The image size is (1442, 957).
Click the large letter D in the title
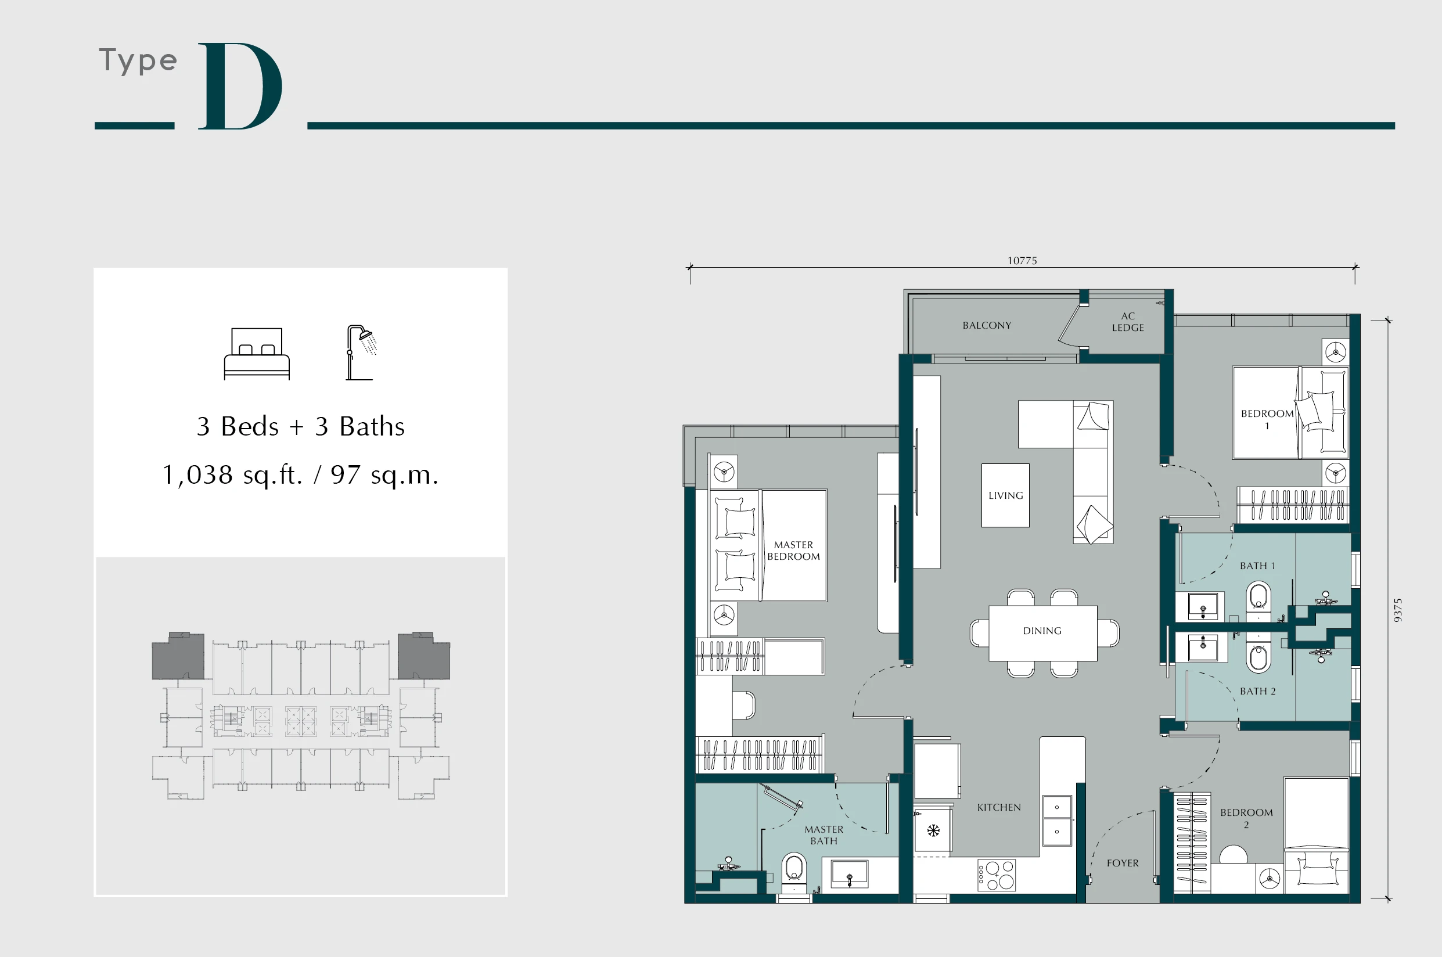tap(239, 86)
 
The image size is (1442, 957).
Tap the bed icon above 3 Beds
tap(256, 354)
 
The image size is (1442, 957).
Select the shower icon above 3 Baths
tap(361, 352)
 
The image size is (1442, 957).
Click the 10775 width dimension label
tap(1022, 261)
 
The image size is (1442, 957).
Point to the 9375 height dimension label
tap(1398, 610)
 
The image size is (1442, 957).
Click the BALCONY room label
tap(987, 325)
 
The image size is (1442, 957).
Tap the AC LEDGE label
tap(1128, 322)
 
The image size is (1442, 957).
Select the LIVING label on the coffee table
tap(1006, 495)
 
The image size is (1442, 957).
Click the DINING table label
tap(1042, 631)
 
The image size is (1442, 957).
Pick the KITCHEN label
tap(999, 807)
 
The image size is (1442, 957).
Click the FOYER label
tap(1123, 863)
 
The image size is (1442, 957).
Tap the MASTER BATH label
tap(824, 835)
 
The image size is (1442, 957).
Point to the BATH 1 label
tap(1258, 566)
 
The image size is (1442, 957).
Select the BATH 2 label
tap(1258, 691)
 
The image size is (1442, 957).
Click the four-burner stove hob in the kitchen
tap(997, 875)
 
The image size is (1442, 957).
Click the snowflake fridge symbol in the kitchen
tap(934, 830)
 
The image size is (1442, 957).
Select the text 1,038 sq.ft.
tap(232, 475)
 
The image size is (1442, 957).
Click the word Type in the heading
tap(139, 60)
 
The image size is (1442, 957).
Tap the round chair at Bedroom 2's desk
tap(1234, 854)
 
